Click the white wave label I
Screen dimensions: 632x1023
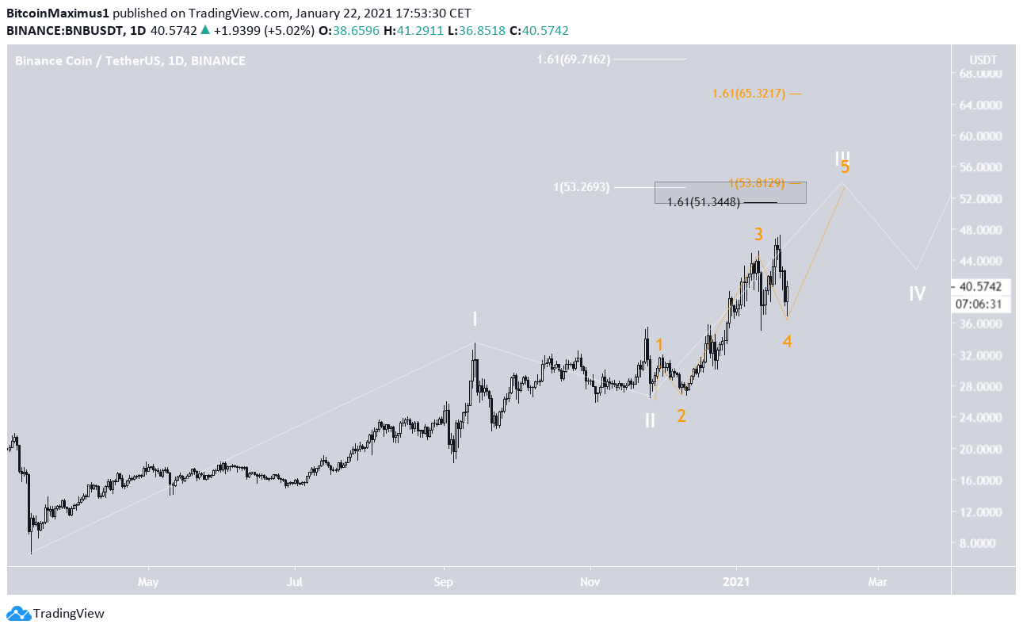point(475,319)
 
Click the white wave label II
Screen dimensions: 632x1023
point(650,420)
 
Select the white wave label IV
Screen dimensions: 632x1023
point(917,294)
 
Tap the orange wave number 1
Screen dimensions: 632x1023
point(659,345)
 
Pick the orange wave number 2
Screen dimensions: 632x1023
point(681,416)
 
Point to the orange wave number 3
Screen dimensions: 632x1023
point(758,235)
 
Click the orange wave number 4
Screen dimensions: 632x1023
point(787,342)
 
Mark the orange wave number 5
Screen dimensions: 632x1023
point(846,167)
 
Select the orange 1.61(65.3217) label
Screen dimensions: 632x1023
point(748,94)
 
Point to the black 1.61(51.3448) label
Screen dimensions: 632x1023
point(704,202)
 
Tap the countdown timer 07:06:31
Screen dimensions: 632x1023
point(979,303)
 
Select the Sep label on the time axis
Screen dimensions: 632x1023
point(443,582)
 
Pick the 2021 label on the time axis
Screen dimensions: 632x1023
point(737,582)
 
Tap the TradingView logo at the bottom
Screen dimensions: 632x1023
point(55,613)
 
